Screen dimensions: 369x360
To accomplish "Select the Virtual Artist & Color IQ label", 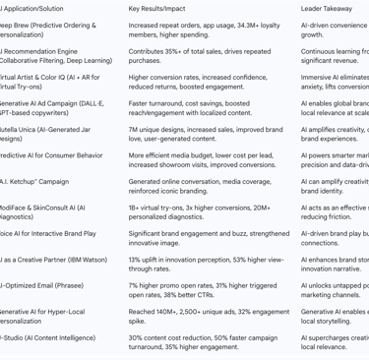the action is coord(49,82).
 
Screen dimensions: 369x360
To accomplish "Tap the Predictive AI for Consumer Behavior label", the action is coord(50,154).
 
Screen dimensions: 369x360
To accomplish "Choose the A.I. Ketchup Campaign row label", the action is coord(34,181).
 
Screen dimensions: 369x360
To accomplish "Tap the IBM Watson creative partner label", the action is coord(53,259).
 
